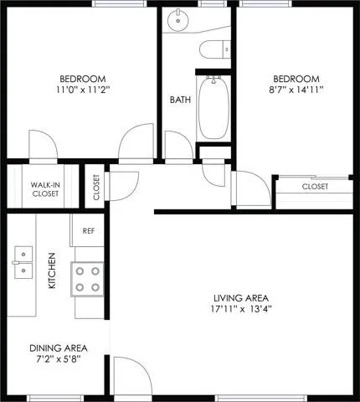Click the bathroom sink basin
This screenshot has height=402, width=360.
click(178, 20)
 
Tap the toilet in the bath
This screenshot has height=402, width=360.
click(215, 49)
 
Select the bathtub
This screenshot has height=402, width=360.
click(213, 108)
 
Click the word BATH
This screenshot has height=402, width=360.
click(180, 100)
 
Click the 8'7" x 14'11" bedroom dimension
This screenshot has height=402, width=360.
click(296, 90)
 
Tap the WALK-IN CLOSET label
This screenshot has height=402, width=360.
click(45, 189)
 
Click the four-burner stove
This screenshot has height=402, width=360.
click(87, 279)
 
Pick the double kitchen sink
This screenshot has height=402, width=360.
click(23, 262)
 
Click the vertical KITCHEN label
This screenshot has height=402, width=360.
click(52, 271)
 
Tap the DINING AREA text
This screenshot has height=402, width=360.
click(59, 348)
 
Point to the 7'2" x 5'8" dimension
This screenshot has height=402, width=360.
click(59, 359)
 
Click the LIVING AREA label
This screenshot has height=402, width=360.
click(241, 298)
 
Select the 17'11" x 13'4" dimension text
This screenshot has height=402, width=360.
click(241, 309)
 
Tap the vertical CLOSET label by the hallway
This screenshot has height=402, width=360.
click(96, 188)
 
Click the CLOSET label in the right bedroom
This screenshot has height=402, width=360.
click(315, 186)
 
